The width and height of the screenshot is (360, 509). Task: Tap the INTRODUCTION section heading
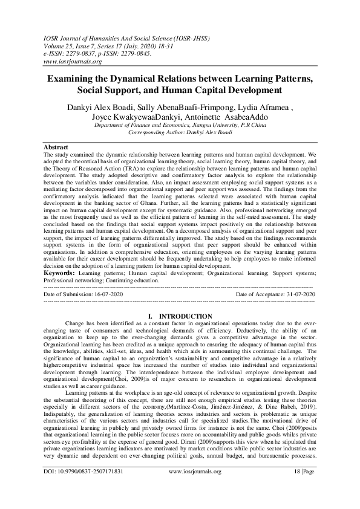[185, 316]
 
